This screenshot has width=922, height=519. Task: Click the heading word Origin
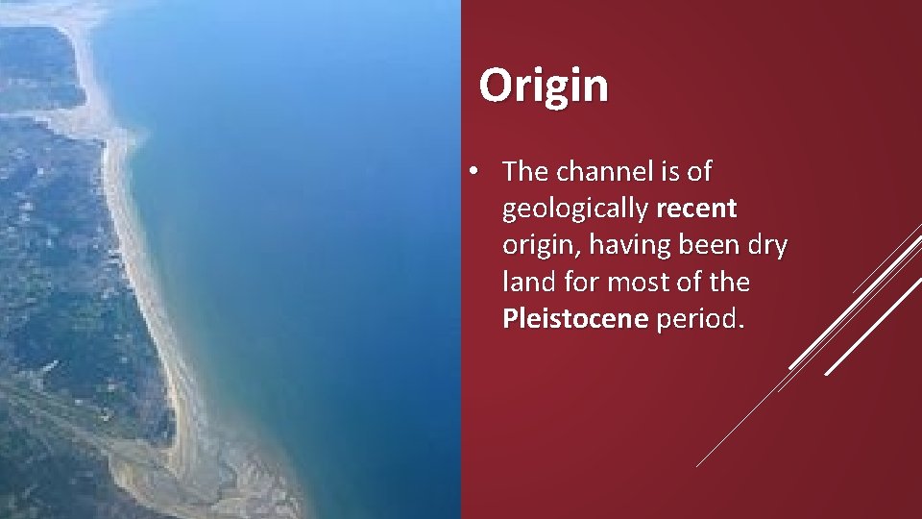tap(544, 86)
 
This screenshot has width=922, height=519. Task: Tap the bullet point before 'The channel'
tap(474, 172)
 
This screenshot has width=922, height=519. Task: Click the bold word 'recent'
tap(697, 209)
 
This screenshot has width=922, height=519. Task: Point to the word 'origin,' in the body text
tap(541, 247)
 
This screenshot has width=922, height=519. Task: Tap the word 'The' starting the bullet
tap(524, 172)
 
